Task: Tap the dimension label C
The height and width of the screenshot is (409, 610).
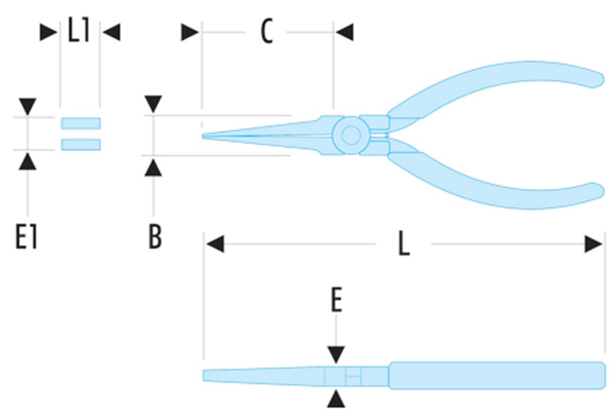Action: point(267,31)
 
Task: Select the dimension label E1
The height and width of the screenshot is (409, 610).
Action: point(26,237)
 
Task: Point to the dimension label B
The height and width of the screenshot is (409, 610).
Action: point(155,236)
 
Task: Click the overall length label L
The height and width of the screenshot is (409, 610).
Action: point(404,244)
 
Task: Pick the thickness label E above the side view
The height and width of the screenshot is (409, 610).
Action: point(337,300)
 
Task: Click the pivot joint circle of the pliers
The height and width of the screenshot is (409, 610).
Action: point(351,135)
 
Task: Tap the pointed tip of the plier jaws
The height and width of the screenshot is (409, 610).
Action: point(203,136)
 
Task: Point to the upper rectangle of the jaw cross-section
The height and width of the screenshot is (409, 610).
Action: point(81,123)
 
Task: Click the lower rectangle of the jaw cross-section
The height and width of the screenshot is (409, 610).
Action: point(81,145)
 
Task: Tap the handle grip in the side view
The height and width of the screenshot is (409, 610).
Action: point(497,375)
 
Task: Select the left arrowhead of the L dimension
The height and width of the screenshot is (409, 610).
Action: point(215,244)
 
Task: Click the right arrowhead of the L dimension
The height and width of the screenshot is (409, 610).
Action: point(594,244)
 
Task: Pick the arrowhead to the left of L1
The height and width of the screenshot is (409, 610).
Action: point(49,32)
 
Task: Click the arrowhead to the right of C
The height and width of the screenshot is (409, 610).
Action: point(344,32)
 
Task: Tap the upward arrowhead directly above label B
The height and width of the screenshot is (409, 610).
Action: point(153,167)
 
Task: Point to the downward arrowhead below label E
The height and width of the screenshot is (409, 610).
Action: point(336,355)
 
